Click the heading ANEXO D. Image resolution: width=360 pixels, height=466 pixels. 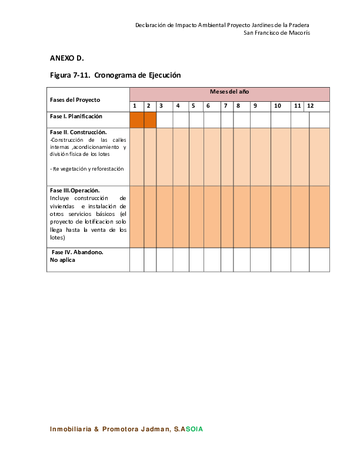pyautogui.click(x=67, y=58)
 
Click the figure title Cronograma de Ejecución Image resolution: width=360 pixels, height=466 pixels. pyautogui.click(x=115, y=75)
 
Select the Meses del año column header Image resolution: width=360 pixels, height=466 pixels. pyautogui.click(x=229, y=92)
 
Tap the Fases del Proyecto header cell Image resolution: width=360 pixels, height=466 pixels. pyautogui.click(x=75, y=99)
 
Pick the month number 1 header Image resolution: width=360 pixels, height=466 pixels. pyautogui.click(x=135, y=106)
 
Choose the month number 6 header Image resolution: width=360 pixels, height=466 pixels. pyautogui.click(x=208, y=106)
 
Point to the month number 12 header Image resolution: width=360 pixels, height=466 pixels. pyautogui.click(x=310, y=106)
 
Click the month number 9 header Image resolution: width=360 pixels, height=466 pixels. pyautogui.click(x=255, y=106)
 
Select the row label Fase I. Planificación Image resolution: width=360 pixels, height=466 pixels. pyautogui.click(x=76, y=116)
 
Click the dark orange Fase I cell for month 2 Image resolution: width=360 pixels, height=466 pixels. pyautogui.click(x=150, y=119)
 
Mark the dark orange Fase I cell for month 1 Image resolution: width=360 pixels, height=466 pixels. pyautogui.click(x=136, y=119)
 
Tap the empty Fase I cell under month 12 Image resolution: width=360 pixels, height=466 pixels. pyautogui.click(x=319, y=119)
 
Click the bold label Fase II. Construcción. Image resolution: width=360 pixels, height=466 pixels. pyautogui.click(x=78, y=132)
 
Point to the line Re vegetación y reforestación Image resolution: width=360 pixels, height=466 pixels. pyautogui.click(x=87, y=168)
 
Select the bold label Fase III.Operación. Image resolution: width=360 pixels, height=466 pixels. pyautogui.click(x=75, y=191)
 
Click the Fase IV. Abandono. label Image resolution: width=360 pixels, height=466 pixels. pyautogui.click(x=78, y=252)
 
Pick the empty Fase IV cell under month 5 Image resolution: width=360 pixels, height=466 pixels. pyautogui.click(x=196, y=259)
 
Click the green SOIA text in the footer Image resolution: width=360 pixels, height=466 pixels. pyautogui.click(x=194, y=430)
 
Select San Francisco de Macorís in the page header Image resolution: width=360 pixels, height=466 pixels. pyautogui.click(x=276, y=33)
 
